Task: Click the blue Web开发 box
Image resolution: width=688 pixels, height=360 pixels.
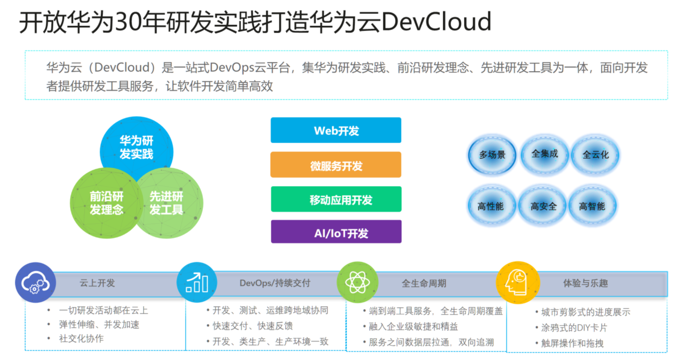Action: coord(336,130)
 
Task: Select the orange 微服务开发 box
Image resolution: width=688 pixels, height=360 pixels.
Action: coord(336,165)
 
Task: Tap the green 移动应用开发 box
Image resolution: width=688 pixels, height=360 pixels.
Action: coord(336,199)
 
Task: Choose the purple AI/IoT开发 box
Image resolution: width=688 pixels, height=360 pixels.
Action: coord(336,232)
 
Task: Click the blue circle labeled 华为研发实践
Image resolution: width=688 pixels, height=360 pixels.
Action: coord(136,147)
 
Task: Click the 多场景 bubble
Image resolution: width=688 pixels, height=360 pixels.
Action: coord(492,155)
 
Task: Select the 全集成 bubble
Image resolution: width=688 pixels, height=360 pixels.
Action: coord(544,154)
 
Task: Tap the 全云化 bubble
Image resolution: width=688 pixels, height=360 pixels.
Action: coord(595,155)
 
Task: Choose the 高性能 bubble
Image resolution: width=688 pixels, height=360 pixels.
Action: coord(491,206)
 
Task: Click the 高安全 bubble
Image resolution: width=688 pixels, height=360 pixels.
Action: coord(543,206)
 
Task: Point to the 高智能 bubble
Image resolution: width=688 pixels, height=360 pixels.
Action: coord(592,206)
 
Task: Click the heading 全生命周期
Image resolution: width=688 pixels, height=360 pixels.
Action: coord(424,283)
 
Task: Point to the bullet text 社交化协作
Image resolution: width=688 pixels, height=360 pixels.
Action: coord(81,338)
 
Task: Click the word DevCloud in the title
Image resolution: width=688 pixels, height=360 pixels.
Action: coord(436,22)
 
